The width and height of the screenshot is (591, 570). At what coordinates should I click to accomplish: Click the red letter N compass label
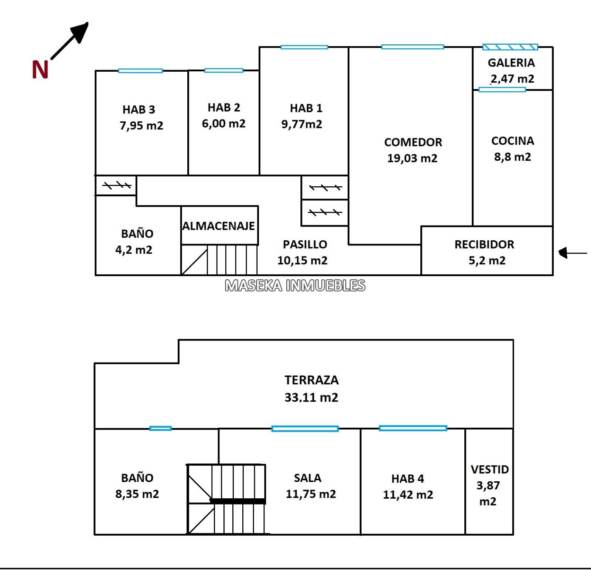40,69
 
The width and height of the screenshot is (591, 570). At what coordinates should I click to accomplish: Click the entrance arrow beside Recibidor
573,253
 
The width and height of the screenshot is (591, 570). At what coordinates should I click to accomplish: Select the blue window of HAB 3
140,71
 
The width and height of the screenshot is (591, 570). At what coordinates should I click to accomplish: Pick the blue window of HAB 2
224,70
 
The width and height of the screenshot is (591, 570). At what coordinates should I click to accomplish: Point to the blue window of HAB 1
304,47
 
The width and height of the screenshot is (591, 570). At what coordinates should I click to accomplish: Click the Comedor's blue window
413,47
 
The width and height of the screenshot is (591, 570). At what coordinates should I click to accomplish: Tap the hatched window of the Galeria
510,47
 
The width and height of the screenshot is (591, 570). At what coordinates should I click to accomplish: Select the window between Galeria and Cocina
502,89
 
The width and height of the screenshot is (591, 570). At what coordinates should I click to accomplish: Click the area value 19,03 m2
412,158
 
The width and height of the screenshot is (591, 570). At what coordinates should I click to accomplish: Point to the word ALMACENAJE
219,226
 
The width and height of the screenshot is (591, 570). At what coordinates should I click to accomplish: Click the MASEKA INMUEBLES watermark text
295,285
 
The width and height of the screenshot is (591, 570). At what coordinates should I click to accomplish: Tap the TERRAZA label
311,380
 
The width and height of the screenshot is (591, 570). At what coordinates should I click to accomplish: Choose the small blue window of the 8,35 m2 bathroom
160,428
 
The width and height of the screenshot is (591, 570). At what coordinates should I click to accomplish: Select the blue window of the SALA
305,429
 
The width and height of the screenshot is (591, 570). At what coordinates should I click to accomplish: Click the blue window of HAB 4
413,428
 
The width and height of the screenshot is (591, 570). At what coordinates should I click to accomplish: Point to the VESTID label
490,469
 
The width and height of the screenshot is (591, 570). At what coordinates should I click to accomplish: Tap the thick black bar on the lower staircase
238,501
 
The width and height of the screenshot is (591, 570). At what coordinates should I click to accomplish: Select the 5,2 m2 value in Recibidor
487,261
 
